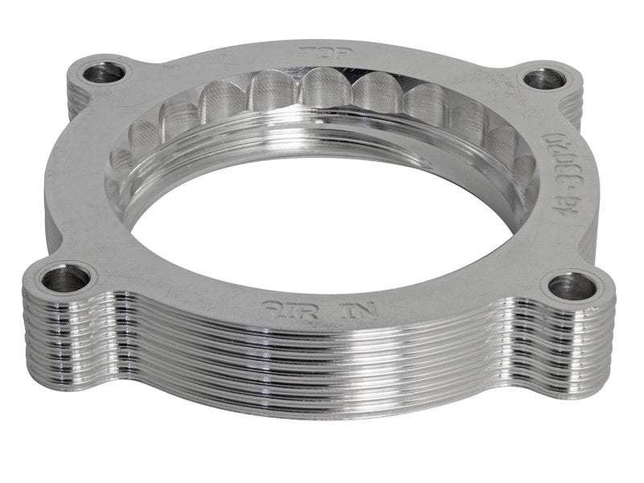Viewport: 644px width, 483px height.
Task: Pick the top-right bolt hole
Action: click(544, 79)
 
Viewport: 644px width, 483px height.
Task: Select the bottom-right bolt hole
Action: click(572, 286)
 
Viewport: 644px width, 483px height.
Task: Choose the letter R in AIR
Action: click(293, 308)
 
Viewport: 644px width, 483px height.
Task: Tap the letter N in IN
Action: click(328, 309)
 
